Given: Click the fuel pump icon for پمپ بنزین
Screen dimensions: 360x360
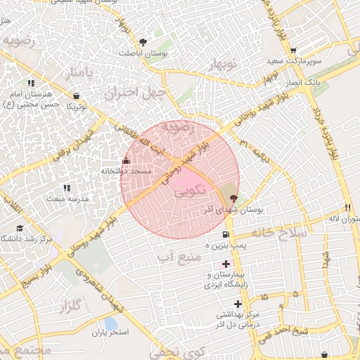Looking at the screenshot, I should (x=225, y=234).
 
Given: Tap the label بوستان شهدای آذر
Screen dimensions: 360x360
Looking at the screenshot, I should (x=223, y=210).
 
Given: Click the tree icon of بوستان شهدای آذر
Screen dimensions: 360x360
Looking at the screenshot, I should (x=234, y=199).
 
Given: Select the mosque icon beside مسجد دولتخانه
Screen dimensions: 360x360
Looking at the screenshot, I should (x=127, y=160).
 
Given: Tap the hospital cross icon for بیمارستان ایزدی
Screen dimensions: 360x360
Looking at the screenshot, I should (x=225, y=263).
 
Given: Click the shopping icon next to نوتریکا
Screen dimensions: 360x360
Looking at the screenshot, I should (x=77, y=95).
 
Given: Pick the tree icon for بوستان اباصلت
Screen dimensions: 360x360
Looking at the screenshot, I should (x=144, y=41).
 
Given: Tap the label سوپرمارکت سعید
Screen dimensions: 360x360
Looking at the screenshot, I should (x=293, y=61).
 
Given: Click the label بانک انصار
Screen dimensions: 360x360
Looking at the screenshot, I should (x=303, y=83).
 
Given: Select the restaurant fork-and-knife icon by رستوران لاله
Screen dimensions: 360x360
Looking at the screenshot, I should (x=347, y=207).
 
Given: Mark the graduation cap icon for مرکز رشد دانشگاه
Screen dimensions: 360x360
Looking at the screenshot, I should (x=20, y=228).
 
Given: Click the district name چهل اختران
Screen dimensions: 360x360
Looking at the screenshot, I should (x=136, y=92).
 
